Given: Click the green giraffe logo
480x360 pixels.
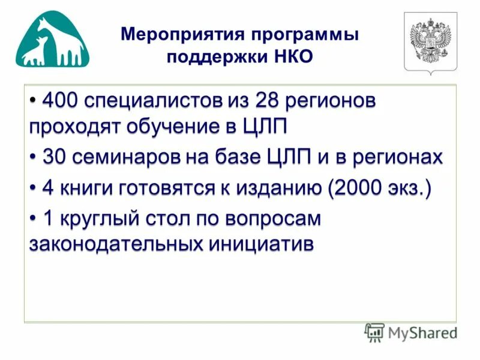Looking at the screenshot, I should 53,41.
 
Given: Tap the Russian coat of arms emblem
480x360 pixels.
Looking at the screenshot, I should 430,43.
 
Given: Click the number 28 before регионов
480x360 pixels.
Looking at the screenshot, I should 266,101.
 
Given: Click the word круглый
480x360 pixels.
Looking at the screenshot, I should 101,219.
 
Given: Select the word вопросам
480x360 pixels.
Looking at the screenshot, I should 273,219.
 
